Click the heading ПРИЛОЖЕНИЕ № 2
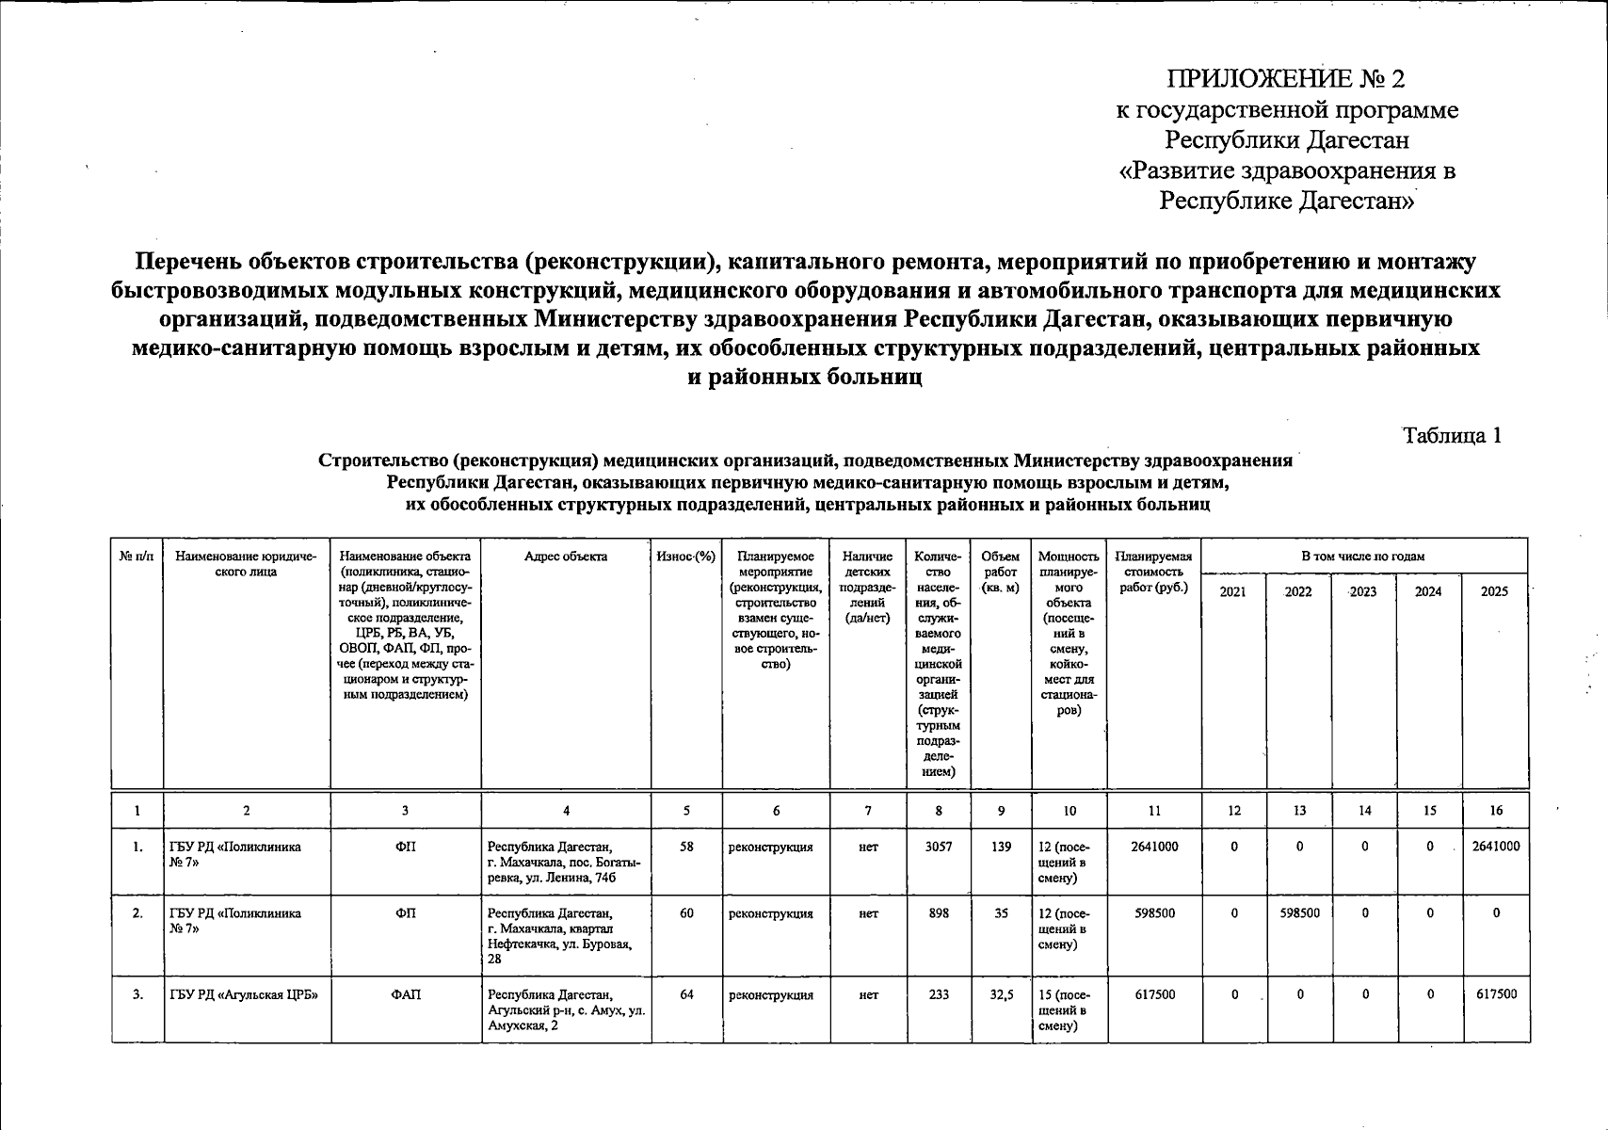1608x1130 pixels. point(1286,79)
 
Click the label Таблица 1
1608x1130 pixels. point(1452,435)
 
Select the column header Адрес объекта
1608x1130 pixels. point(565,557)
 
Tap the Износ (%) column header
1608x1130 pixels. point(685,557)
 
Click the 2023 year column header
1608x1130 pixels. point(1363,591)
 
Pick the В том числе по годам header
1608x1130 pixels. point(1363,557)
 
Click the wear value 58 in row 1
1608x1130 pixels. point(686,847)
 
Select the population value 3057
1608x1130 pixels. point(939,847)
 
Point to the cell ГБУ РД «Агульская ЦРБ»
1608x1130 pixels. point(243,994)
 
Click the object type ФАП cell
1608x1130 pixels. point(406,994)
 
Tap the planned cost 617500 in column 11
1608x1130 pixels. point(1153,994)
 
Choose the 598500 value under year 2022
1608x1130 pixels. point(1299,913)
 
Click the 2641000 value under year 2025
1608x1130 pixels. point(1494,847)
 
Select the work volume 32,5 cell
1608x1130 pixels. point(1001,994)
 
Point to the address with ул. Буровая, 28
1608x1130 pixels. point(559,936)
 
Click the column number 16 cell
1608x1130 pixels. point(1496,810)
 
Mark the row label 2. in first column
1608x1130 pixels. point(137,913)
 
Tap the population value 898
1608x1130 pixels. point(939,913)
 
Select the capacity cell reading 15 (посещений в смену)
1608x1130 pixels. point(1068,1009)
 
